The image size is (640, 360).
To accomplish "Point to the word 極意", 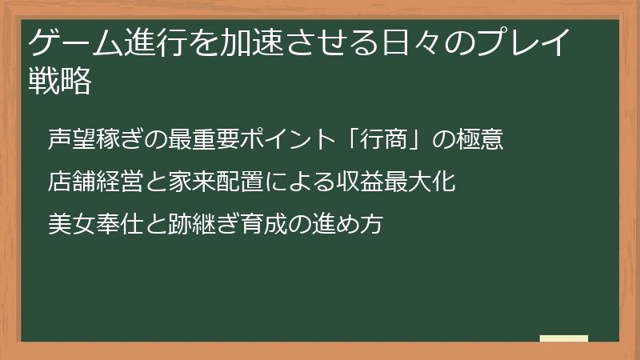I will pyautogui.click(x=481, y=139).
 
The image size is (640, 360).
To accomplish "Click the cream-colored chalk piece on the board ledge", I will pyautogui.click(x=564, y=338).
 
